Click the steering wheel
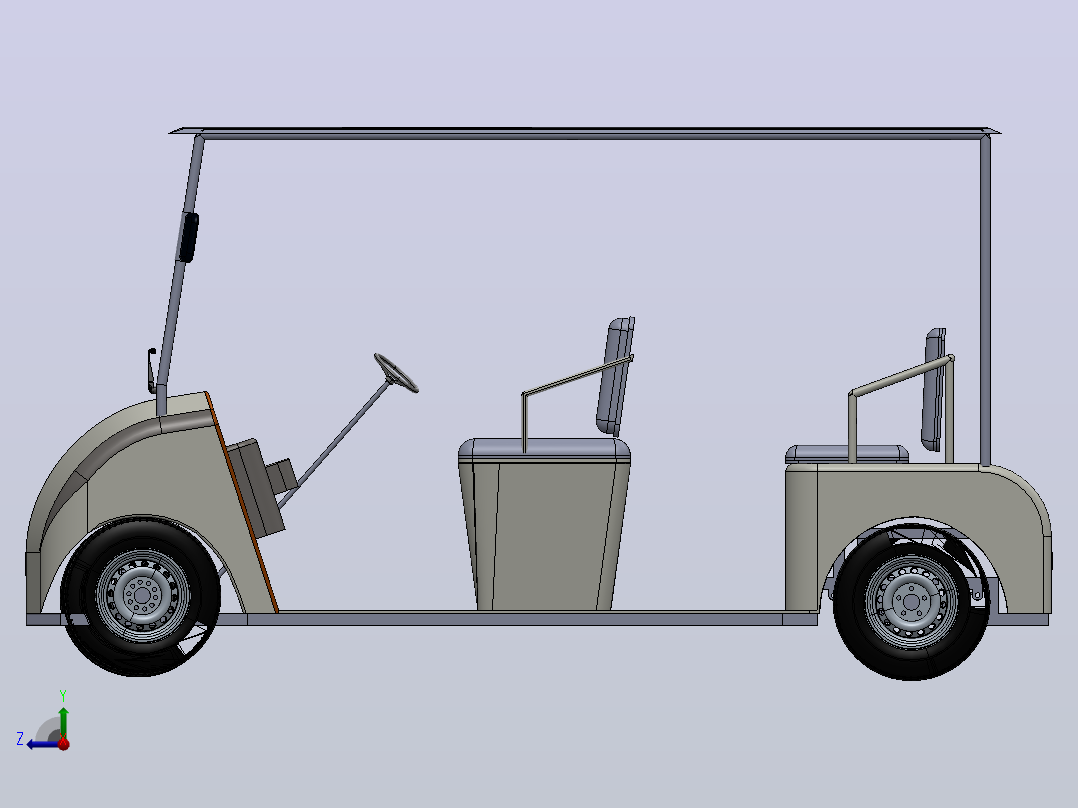click(396, 373)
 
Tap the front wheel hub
click(142, 595)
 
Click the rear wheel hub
click(912, 602)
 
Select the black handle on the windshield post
click(188, 237)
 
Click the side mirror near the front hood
click(151, 369)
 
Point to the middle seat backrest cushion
click(615, 376)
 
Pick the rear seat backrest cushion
click(934, 389)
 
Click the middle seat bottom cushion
click(544, 450)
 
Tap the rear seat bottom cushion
click(847, 454)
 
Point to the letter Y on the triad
click(63, 695)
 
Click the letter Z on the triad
click(20, 739)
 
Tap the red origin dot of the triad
click(64, 743)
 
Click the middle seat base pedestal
click(544, 536)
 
